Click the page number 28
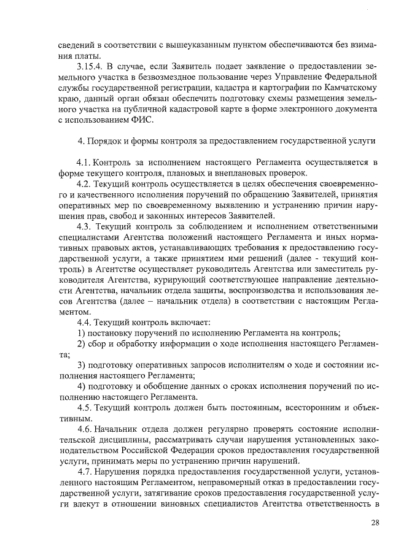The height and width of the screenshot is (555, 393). click(x=374, y=522)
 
